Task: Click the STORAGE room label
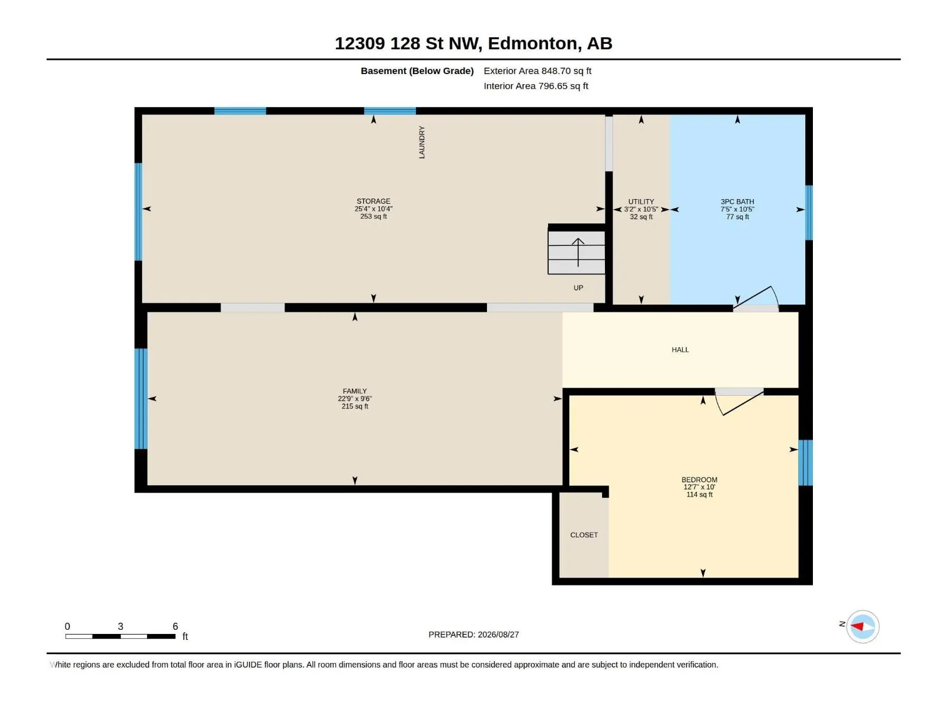coord(373,201)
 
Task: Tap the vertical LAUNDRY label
coord(422,142)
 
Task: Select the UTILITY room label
coord(640,201)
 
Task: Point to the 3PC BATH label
coord(737,201)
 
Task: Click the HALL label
coord(680,350)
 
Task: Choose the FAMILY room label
coord(354,391)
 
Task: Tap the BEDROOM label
coord(699,479)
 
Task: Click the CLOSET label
coord(584,535)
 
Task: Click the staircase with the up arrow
coord(576,252)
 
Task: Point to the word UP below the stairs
coord(578,288)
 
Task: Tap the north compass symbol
coord(862,626)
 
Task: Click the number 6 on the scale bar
coord(175,626)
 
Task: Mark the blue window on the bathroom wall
coord(809,212)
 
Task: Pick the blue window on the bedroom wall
coord(805,463)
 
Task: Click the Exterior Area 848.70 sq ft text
coord(537,71)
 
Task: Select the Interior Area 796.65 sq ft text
coord(536,86)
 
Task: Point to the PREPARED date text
coord(473,635)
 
